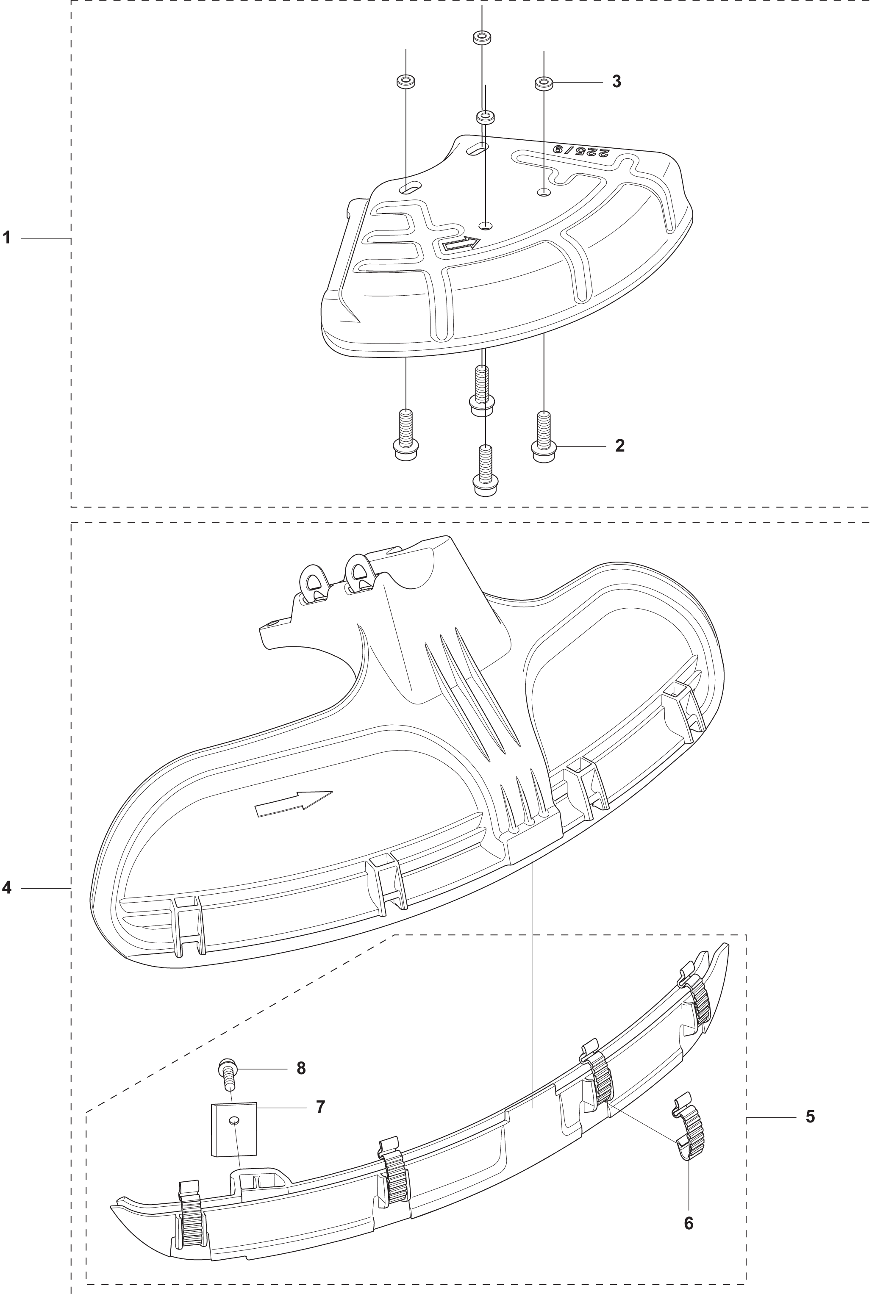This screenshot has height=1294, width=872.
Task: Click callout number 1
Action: (7, 238)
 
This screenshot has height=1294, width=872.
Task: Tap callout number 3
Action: (616, 81)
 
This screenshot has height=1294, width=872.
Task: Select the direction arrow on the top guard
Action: (460, 244)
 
